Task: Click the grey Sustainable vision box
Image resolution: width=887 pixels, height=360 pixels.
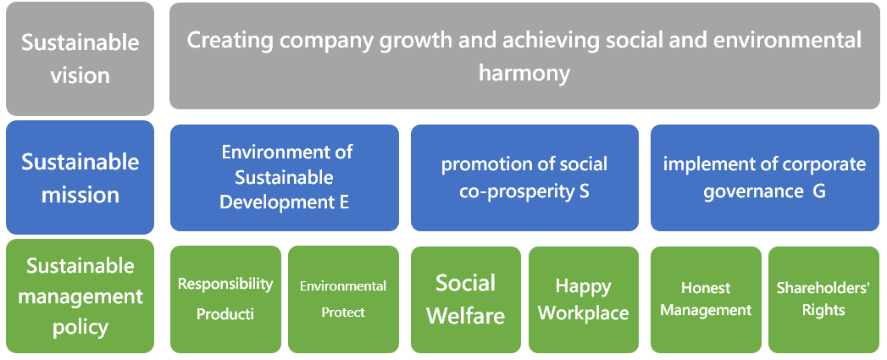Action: pyautogui.click(x=80, y=58)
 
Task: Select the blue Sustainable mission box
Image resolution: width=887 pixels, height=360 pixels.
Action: pyautogui.click(x=80, y=177)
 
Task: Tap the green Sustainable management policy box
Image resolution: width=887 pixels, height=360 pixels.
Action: pyautogui.click(x=80, y=296)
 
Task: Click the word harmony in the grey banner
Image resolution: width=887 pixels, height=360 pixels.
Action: pyautogui.click(x=524, y=74)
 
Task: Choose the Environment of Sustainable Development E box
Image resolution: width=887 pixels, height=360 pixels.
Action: pyautogui.click(x=285, y=178)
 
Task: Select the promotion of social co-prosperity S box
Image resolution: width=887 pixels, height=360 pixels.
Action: pyautogui.click(x=524, y=178)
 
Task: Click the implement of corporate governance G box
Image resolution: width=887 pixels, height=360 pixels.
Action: pyautogui.click(x=765, y=178)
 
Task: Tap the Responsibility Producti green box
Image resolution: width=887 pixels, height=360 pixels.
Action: pyautogui.click(x=225, y=299)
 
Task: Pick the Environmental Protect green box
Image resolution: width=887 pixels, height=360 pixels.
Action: pyautogui.click(x=343, y=299)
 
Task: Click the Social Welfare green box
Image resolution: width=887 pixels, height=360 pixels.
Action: pyautogui.click(x=466, y=299)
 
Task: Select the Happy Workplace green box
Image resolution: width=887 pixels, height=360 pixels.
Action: pyautogui.click(x=584, y=299)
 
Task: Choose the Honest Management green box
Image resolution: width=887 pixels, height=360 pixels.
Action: pyautogui.click(x=706, y=299)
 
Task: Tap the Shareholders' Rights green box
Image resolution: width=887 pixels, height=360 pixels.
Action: pyautogui.click(x=823, y=299)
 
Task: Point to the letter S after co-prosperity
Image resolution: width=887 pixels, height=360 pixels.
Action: pyautogui.click(x=585, y=191)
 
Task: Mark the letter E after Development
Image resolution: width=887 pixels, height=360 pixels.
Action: pyautogui.click(x=344, y=202)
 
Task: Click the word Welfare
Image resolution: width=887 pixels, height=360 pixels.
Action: pyautogui.click(x=466, y=315)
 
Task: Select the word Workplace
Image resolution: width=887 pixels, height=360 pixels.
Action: pyautogui.click(x=583, y=313)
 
